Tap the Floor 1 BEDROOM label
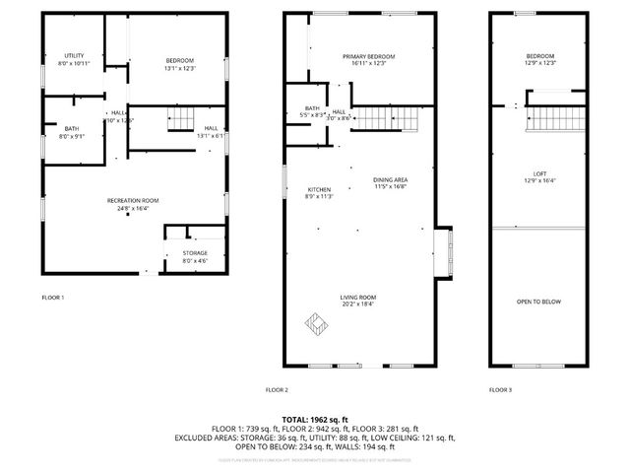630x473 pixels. [180, 62]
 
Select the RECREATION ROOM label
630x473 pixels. [133, 200]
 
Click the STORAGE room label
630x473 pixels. [194, 253]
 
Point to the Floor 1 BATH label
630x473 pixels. [72, 128]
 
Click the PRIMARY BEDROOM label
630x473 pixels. [368, 57]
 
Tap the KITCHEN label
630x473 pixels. [319, 189]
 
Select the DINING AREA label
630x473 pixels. [391, 179]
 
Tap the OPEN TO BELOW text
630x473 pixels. [539, 301]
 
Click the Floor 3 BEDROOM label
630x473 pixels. [540, 56]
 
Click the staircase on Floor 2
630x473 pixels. [394, 119]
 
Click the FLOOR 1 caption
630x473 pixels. [53, 297]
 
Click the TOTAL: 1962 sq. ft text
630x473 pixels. [315, 419]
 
